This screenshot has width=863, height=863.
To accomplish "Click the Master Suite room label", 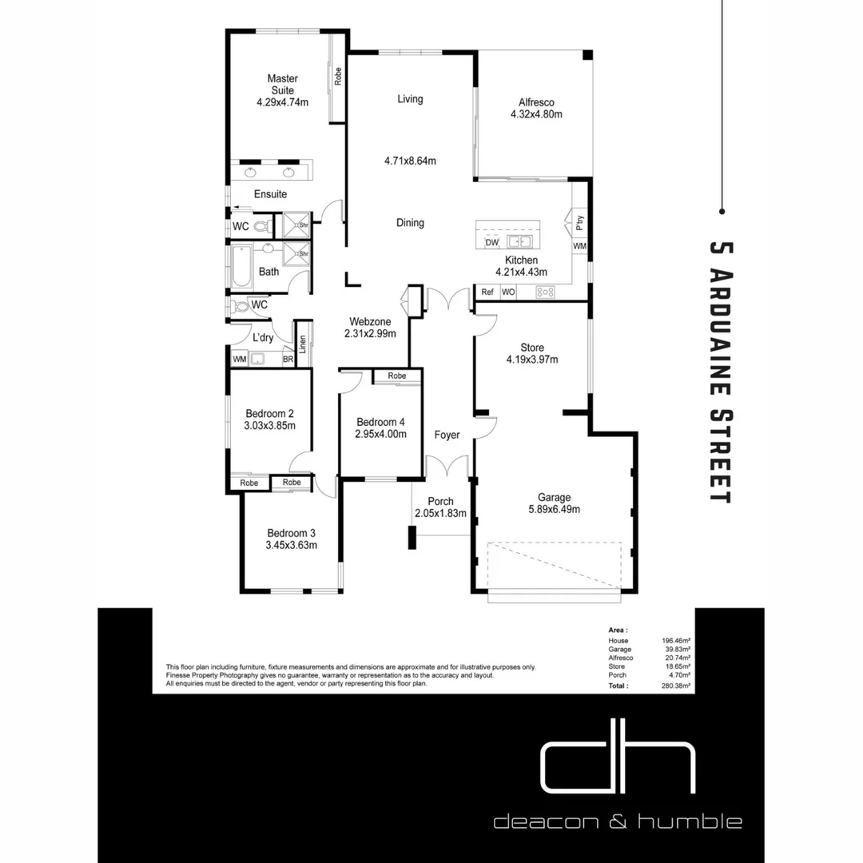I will (282, 84).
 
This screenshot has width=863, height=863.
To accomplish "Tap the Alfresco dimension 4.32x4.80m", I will (536, 114).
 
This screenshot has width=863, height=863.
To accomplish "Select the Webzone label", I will (369, 321).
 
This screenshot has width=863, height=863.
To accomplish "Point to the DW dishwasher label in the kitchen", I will (491, 242).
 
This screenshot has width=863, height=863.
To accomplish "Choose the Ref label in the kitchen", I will (487, 292).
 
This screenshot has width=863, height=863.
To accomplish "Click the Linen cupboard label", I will (303, 344).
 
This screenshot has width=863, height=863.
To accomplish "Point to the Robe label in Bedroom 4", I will (397, 376).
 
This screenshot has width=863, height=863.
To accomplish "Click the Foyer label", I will (447, 435).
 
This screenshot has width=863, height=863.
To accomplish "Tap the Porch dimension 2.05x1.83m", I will (440, 514).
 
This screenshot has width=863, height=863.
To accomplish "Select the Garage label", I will (554, 497).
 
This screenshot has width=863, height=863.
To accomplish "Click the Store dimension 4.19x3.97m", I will (531, 360).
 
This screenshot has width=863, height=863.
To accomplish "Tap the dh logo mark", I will (617, 768).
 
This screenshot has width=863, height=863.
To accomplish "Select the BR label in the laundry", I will (288, 360).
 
